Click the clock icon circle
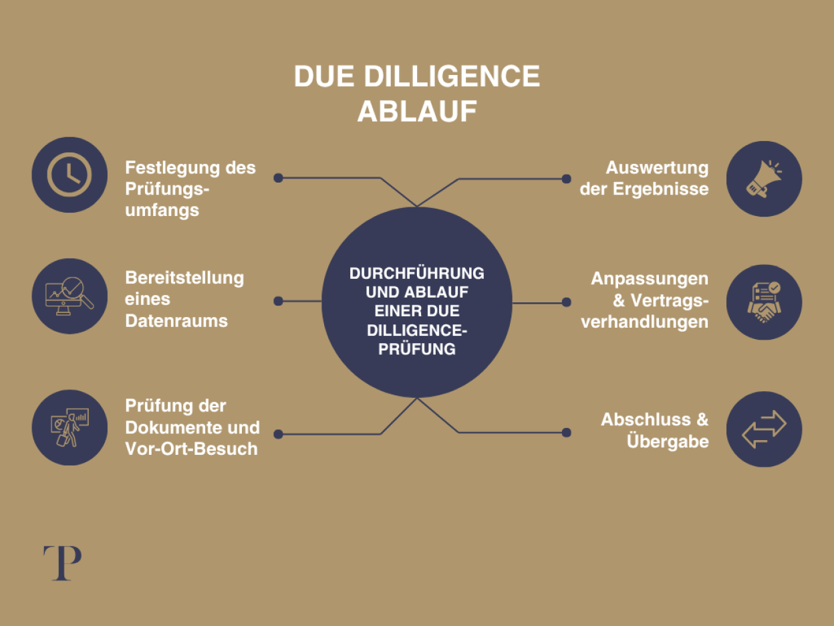click(x=69, y=175)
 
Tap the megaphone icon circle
click(x=764, y=179)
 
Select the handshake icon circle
click(x=764, y=302)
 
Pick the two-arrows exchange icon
click(x=764, y=429)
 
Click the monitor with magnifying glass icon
click(x=69, y=296)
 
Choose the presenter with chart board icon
click(x=69, y=427)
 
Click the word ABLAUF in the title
click(x=417, y=111)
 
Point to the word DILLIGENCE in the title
click(x=452, y=77)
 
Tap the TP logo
click(x=62, y=563)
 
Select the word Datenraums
click(x=176, y=320)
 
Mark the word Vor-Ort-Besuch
click(x=191, y=448)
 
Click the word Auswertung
click(x=657, y=167)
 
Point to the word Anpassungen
click(x=650, y=278)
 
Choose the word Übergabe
click(x=668, y=441)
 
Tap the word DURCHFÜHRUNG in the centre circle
click(x=417, y=274)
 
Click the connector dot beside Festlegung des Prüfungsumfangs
click(x=278, y=178)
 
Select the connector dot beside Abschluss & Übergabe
click(x=567, y=433)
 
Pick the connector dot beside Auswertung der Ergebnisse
click(x=566, y=179)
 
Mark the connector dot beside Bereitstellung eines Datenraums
click(x=278, y=301)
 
